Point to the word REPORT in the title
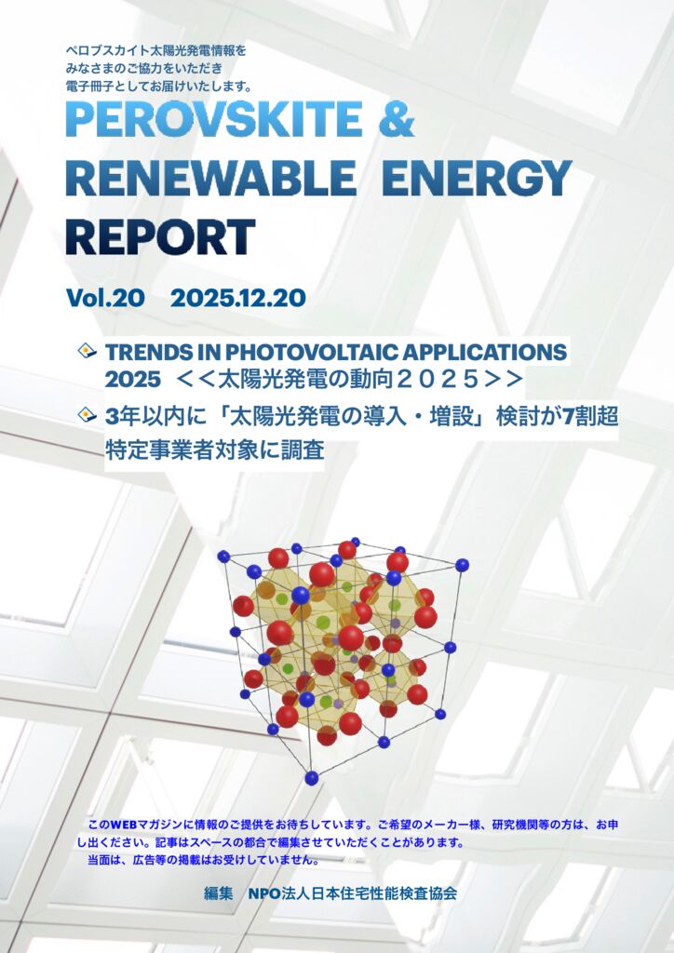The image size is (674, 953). pyautogui.click(x=159, y=236)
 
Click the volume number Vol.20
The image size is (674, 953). pyautogui.click(x=104, y=299)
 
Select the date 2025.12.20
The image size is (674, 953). pyautogui.click(x=237, y=299)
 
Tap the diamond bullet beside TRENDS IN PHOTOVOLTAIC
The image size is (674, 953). pyautogui.click(x=88, y=352)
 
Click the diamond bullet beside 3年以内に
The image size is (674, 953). pyautogui.click(x=88, y=415)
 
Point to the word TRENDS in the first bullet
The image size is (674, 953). pyautogui.click(x=144, y=352)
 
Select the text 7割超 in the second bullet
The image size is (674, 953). pyautogui.click(x=591, y=416)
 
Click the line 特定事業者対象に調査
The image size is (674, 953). pyautogui.click(x=214, y=450)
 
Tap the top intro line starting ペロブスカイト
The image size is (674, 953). pyautogui.click(x=155, y=48)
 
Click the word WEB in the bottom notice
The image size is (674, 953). pyautogui.click(x=124, y=825)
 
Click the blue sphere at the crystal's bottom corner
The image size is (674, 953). pyautogui.click(x=311, y=777)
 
